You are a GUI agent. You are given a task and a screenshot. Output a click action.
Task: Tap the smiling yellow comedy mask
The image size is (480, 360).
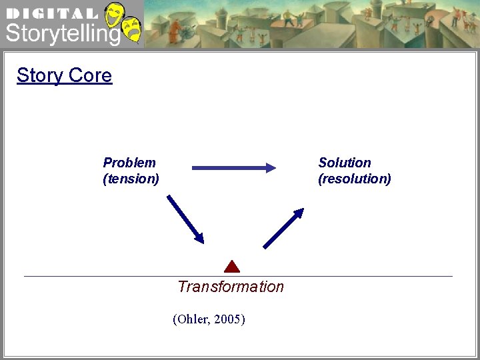pyautogui.click(x=115, y=15)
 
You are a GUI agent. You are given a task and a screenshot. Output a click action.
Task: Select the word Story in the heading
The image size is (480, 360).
pyautogui.click(x=39, y=75)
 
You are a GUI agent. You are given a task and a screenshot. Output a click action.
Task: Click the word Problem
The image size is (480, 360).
pyautogui.click(x=129, y=163)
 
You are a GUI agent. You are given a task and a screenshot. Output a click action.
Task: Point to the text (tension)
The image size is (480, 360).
pyautogui.click(x=131, y=179)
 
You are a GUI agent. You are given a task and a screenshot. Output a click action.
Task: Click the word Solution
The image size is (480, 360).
pyautogui.click(x=345, y=163)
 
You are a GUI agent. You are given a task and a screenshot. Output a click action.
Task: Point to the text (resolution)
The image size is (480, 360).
pyautogui.click(x=355, y=179)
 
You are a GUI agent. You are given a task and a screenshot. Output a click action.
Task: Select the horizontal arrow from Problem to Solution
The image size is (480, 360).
pyautogui.click(x=233, y=168)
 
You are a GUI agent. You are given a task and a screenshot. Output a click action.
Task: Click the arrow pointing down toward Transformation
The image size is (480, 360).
pyautogui.click(x=185, y=218)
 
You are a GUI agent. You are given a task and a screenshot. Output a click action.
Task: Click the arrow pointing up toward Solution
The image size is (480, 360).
pyautogui.click(x=283, y=228)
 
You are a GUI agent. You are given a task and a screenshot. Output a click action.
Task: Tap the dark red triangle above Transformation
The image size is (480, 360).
pyautogui.click(x=231, y=267)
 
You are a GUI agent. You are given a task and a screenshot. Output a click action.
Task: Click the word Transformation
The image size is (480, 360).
pyautogui.click(x=231, y=287)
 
